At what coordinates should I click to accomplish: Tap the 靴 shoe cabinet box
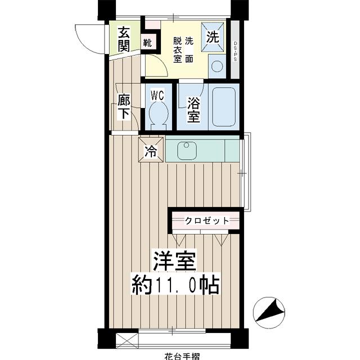[147, 42]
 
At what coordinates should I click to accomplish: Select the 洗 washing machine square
[213, 37]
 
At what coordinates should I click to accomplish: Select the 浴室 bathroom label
[193, 110]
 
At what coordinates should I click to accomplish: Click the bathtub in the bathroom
[223, 106]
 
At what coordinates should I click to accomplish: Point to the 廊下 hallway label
[123, 107]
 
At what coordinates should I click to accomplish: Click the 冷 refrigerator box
[151, 150]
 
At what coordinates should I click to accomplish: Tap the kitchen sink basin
[186, 150]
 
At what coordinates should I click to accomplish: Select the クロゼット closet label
[207, 220]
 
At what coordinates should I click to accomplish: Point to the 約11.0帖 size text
[175, 283]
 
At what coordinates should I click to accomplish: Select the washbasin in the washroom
[216, 68]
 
